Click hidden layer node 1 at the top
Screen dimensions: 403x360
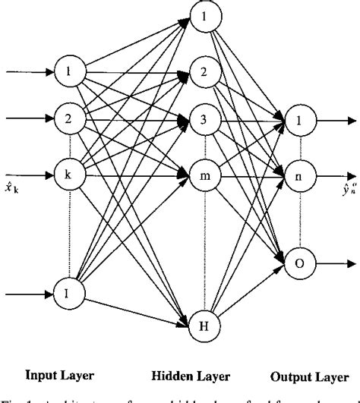coord(202,16)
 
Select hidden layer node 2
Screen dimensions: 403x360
coord(202,73)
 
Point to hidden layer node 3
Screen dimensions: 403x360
coord(202,120)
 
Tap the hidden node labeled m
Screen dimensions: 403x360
coord(202,176)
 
